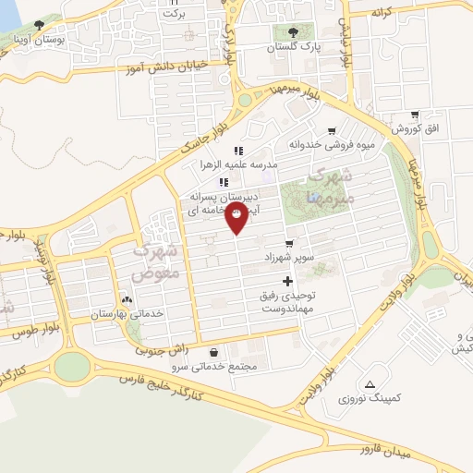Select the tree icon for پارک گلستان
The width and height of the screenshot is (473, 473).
click(x=294, y=32)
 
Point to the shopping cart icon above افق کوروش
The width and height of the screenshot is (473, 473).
click(x=415, y=114)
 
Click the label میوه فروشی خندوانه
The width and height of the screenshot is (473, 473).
click(x=331, y=145)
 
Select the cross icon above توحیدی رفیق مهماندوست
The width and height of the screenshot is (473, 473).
click(x=287, y=281)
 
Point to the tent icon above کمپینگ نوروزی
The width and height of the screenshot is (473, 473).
click(x=370, y=383)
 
